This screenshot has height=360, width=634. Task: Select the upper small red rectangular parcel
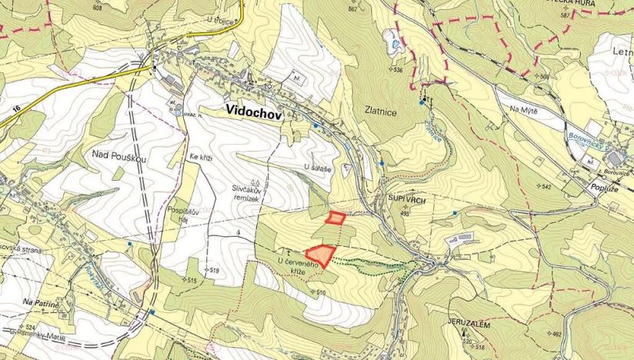click(335, 217)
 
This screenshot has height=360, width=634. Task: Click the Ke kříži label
click(199, 157)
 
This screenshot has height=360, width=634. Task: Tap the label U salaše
click(317, 167)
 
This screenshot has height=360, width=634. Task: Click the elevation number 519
click(214, 271)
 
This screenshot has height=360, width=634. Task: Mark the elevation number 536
click(397, 70)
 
